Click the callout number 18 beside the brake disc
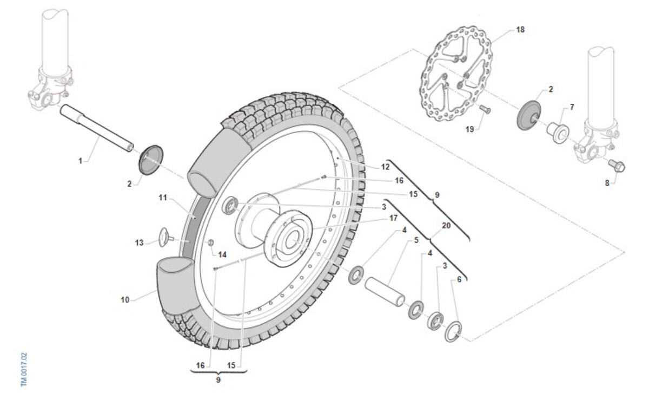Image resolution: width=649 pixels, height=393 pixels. point(520,30)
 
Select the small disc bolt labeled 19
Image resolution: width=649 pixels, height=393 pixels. point(485,109)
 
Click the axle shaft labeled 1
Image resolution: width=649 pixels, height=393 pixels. point(97,128)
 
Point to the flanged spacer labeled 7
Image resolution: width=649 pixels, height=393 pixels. point(558,133)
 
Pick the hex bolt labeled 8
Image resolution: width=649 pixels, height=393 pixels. point(617,166)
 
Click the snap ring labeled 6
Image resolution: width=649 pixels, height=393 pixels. point(453,331)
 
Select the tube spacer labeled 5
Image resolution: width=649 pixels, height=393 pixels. point(385,291)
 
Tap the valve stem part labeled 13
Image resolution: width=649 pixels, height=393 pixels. point(166,237)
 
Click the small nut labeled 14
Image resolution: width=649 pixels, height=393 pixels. point(211,242)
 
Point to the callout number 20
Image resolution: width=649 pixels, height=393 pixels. point(446,226)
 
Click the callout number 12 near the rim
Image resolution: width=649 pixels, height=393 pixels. point(385,167)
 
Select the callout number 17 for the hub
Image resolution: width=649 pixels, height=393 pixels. point(393,218)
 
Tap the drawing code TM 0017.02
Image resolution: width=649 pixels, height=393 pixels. point(24,369)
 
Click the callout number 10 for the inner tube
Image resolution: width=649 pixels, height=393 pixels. point(125,299)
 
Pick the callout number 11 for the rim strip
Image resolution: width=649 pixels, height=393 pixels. point(163,198)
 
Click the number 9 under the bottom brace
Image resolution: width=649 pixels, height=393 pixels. point(218,379)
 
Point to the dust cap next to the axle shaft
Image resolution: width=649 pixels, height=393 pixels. point(151,160)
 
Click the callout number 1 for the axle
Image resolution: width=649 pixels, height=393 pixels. point(80,161)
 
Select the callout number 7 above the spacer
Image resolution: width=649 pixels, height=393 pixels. point(572,107)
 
